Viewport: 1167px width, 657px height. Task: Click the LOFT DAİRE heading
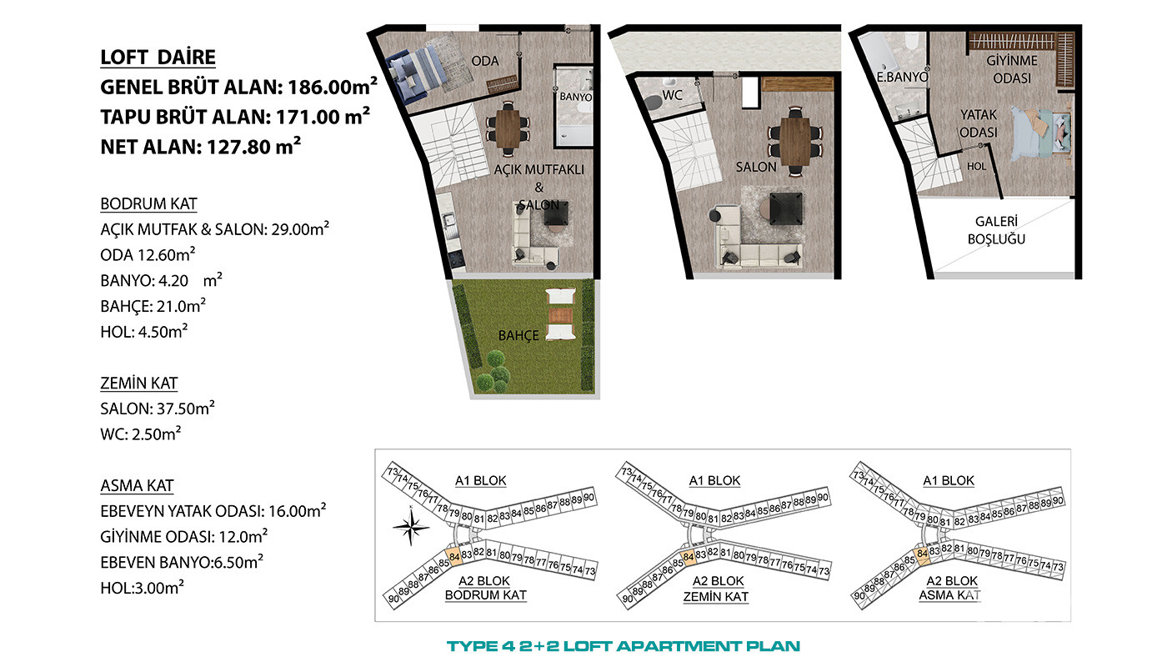158,58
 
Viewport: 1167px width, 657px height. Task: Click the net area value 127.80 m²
253,147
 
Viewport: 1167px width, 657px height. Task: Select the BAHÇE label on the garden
518,335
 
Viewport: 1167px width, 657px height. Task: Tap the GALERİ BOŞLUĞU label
996,230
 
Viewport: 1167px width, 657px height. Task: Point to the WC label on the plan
672,95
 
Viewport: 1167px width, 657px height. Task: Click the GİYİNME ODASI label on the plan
1012,69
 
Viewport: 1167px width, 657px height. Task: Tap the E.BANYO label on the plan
902,77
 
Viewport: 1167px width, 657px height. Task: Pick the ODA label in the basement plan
485,61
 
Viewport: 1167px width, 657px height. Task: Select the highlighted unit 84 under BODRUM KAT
453,557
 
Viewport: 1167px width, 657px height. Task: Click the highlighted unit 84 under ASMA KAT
922,554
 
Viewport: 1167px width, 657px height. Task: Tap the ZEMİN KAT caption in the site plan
716,597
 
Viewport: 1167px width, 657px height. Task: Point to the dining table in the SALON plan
795,141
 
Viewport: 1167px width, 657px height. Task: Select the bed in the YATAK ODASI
1040,134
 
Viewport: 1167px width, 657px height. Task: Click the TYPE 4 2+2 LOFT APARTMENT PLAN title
624,646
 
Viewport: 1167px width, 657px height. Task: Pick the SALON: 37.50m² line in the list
158,408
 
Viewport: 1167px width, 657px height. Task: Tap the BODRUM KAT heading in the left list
148,203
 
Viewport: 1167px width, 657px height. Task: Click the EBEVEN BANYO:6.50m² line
182,562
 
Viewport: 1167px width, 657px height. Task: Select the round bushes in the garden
493,372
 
